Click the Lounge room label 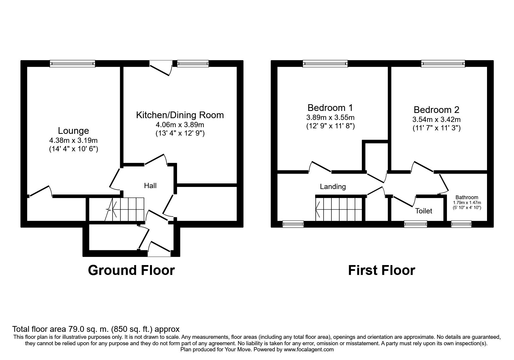pyautogui.click(x=73, y=131)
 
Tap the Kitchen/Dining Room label pyautogui.click(x=180, y=115)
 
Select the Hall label pyautogui.click(x=150, y=186)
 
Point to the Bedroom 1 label pyautogui.click(x=330, y=108)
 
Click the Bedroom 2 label pyautogui.click(x=437, y=110)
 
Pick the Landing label pyautogui.click(x=333, y=187)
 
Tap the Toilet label pyautogui.click(x=424, y=211)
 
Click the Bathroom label pyautogui.click(x=467, y=197)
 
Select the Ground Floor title pyautogui.click(x=131, y=270)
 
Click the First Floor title pyautogui.click(x=382, y=270)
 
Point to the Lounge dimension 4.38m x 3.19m pyautogui.click(x=73, y=141)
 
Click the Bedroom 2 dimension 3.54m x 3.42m pyautogui.click(x=437, y=119)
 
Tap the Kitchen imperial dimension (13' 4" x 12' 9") pyautogui.click(x=180, y=134)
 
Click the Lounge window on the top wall pyautogui.click(x=72, y=64)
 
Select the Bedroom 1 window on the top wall pyautogui.click(x=325, y=64)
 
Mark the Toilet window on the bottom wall pyautogui.click(x=416, y=224)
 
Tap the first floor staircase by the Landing pyautogui.click(x=339, y=209)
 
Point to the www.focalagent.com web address pyautogui.click(x=309, y=350)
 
